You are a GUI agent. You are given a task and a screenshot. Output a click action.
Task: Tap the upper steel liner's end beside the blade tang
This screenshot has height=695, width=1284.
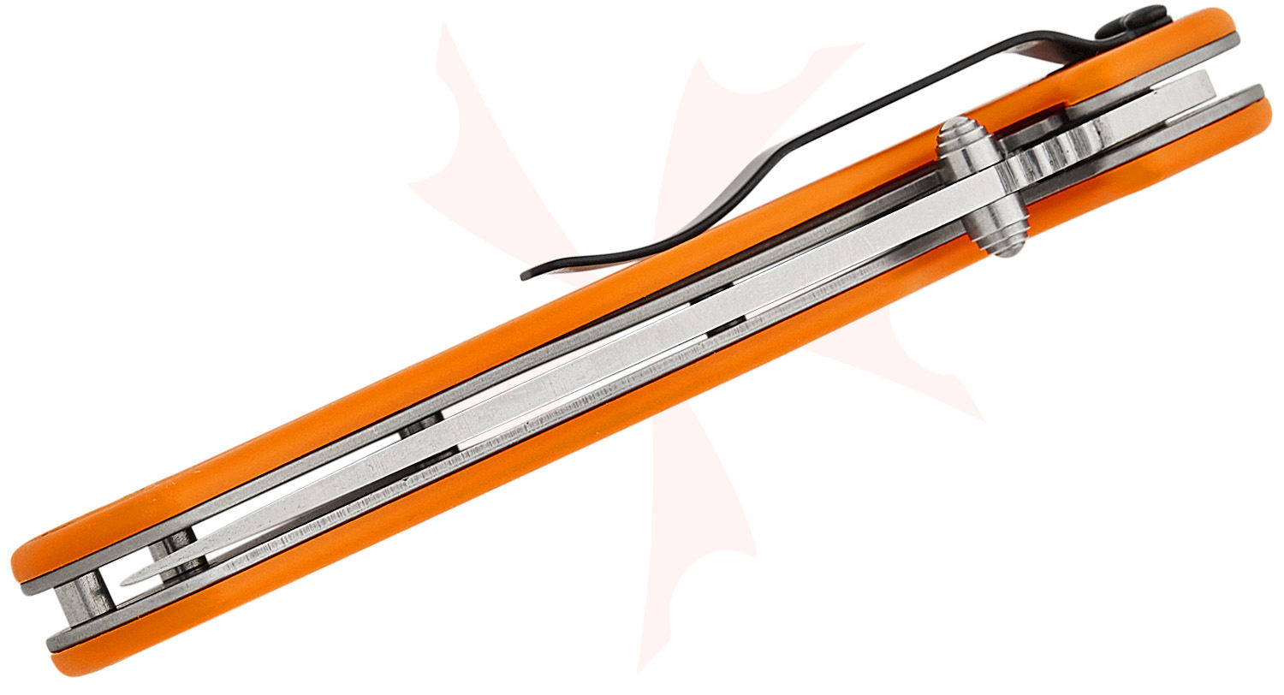[1233, 42]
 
